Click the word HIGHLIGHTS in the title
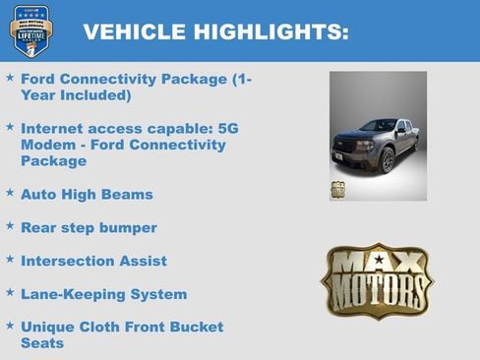pyautogui.click(x=263, y=33)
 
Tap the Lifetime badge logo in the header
pyautogui.click(x=30, y=30)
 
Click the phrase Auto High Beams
pyautogui.click(x=87, y=195)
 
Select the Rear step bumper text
pyautogui.click(x=89, y=228)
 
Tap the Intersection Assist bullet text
pyautogui.click(x=93, y=262)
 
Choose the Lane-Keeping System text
pyautogui.click(x=103, y=294)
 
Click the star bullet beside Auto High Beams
pyautogui.click(x=10, y=193)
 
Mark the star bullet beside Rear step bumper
pyautogui.click(x=10, y=226)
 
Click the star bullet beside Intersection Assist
pyautogui.click(x=10, y=260)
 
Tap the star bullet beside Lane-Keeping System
pyautogui.click(x=10, y=292)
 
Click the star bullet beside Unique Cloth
pyautogui.click(x=10, y=325)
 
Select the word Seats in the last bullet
pyautogui.click(x=42, y=343)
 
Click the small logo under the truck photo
pyautogui.click(x=338, y=190)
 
